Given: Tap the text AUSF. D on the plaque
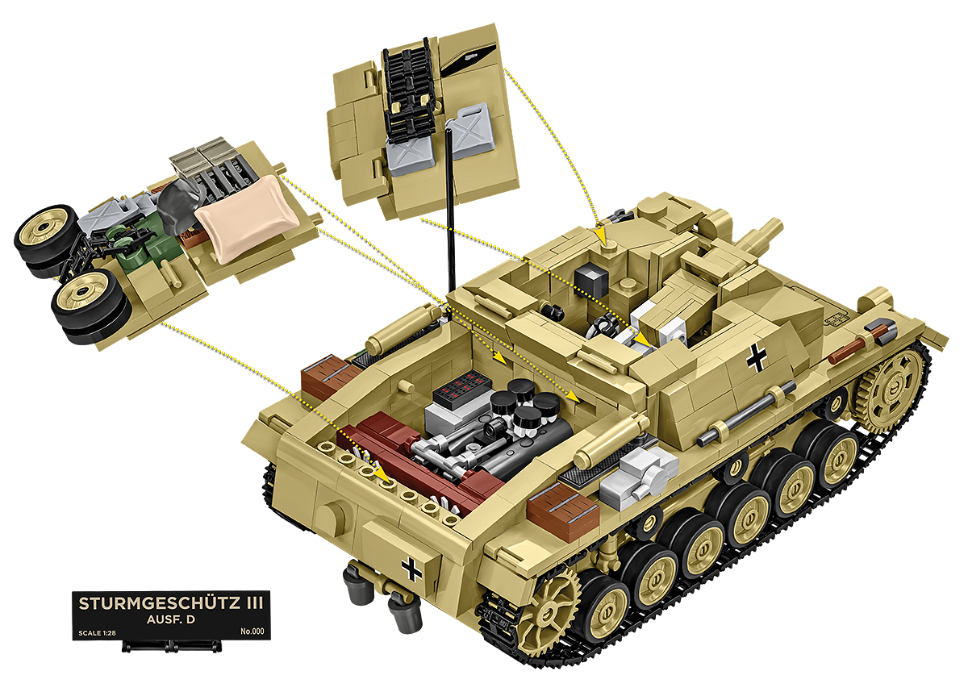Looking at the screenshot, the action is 171,619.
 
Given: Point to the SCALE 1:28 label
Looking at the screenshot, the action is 98,633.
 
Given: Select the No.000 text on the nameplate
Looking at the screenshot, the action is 252,632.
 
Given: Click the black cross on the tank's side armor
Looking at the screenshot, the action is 757,357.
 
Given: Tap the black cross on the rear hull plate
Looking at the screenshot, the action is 412,569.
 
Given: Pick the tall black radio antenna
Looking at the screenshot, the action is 451,211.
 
